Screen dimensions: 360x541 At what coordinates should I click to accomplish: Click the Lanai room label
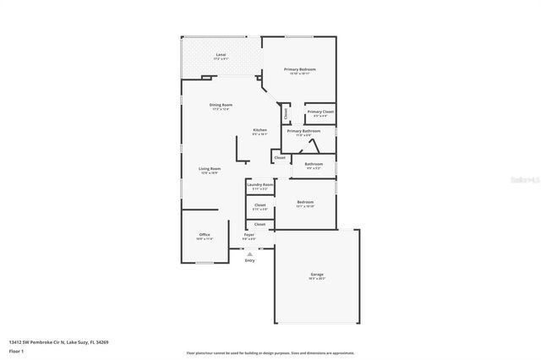[x=221, y=54]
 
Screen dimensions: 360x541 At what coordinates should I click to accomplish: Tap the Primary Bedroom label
[x=300, y=69]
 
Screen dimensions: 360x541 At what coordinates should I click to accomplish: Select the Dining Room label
[x=221, y=105]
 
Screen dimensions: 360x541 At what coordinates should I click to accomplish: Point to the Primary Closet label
[x=320, y=112]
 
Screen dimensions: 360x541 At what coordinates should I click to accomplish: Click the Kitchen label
[x=260, y=129]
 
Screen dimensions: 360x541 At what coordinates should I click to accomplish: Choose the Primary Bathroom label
[x=303, y=131]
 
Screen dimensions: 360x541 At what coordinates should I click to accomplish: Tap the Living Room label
[x=210, y=169]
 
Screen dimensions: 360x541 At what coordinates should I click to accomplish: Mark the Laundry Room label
[x=260, y=184]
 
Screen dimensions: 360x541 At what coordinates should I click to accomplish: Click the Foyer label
[x=249, y=234]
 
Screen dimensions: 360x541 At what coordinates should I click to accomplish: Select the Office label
[x=204, y=234]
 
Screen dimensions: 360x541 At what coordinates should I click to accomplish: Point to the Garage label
[x=317, y=275]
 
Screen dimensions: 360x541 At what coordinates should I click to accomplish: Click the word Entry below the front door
[x=249, y=260]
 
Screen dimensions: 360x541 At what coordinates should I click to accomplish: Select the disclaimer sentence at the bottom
[x=270, y=352]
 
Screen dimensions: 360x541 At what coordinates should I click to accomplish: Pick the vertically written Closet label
[x=287, y=112]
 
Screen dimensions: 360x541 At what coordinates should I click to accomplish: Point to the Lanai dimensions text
[x=221, y=58]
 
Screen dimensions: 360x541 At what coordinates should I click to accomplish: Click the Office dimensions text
[x=204, y=238]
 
